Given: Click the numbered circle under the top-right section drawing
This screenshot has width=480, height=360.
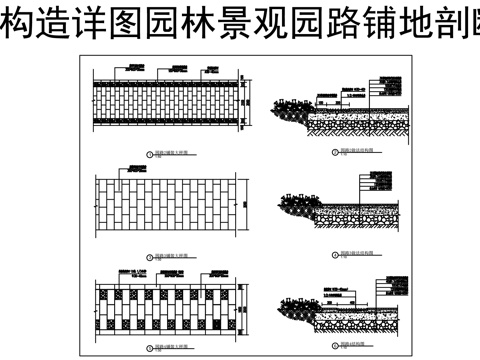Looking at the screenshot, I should (x=332, y=153).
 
